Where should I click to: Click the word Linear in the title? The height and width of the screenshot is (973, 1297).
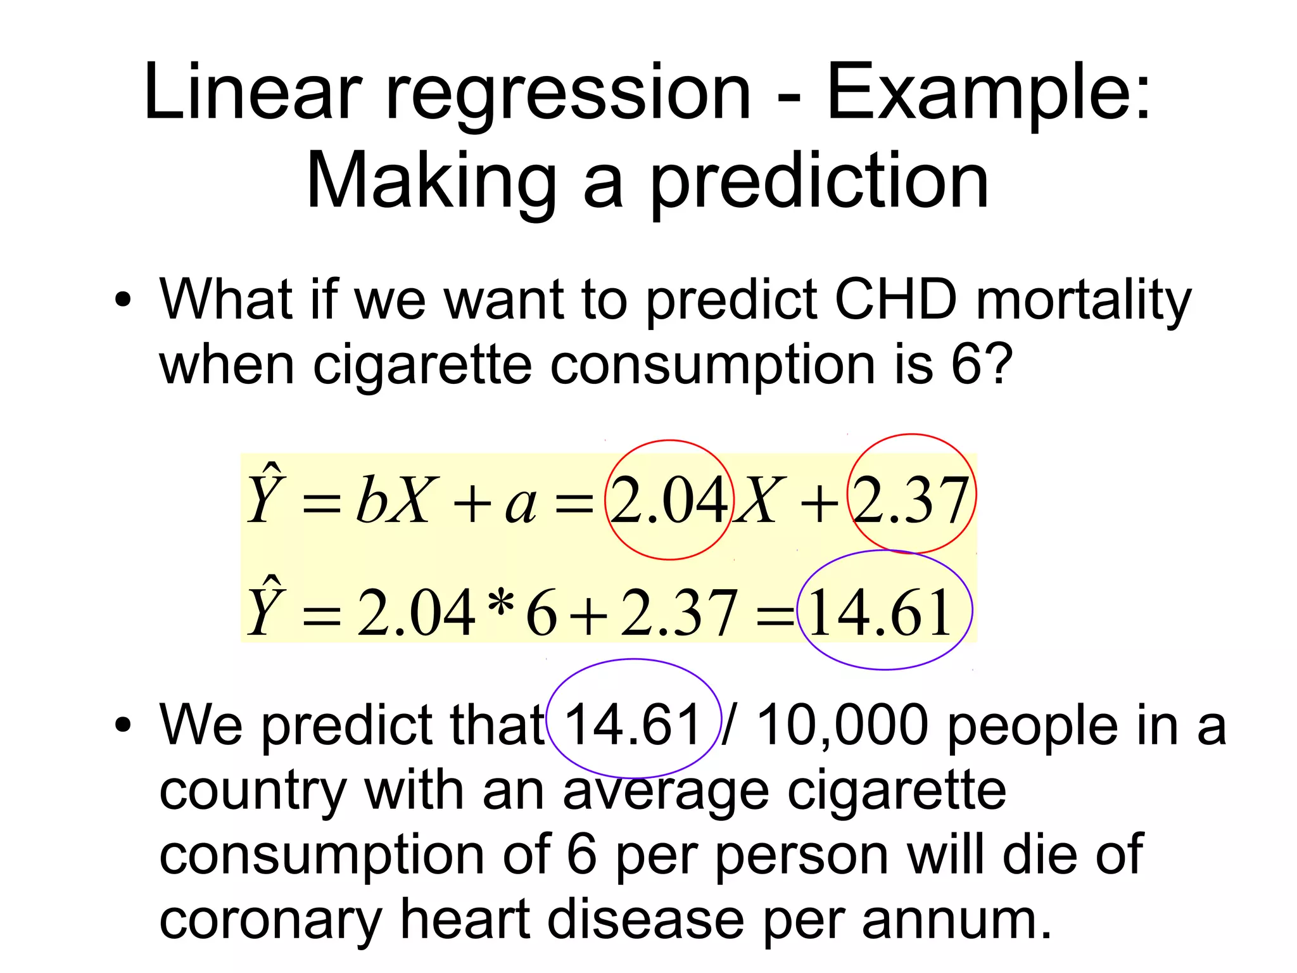pos(252,92)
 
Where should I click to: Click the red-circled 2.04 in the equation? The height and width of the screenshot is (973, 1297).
pos(669,500)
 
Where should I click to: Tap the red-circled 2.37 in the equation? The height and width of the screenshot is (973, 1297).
pos(911,500)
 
